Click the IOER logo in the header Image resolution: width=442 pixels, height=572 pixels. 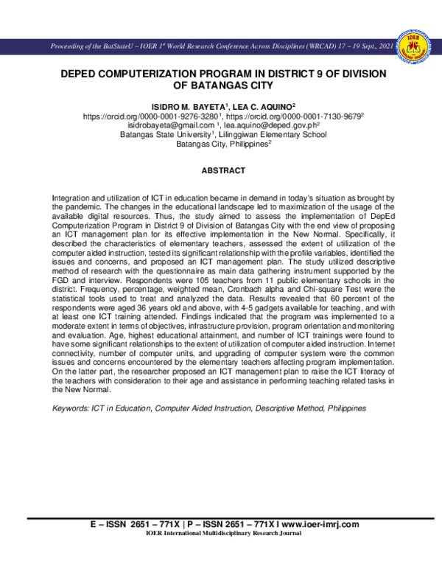click(x=415, y=46)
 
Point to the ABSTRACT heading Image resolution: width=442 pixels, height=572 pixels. click(x=222, y=170)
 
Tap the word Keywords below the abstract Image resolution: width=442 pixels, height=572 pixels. click(x=71, y=408)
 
